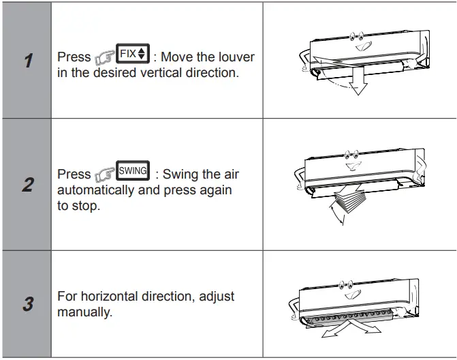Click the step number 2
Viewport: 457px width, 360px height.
point(27,185)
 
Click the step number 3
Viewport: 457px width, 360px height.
point(27,303)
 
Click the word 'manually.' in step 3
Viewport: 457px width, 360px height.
point(85,312)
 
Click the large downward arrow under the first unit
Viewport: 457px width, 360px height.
point(356,80)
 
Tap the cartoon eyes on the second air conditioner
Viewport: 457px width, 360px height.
point(351,155)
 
